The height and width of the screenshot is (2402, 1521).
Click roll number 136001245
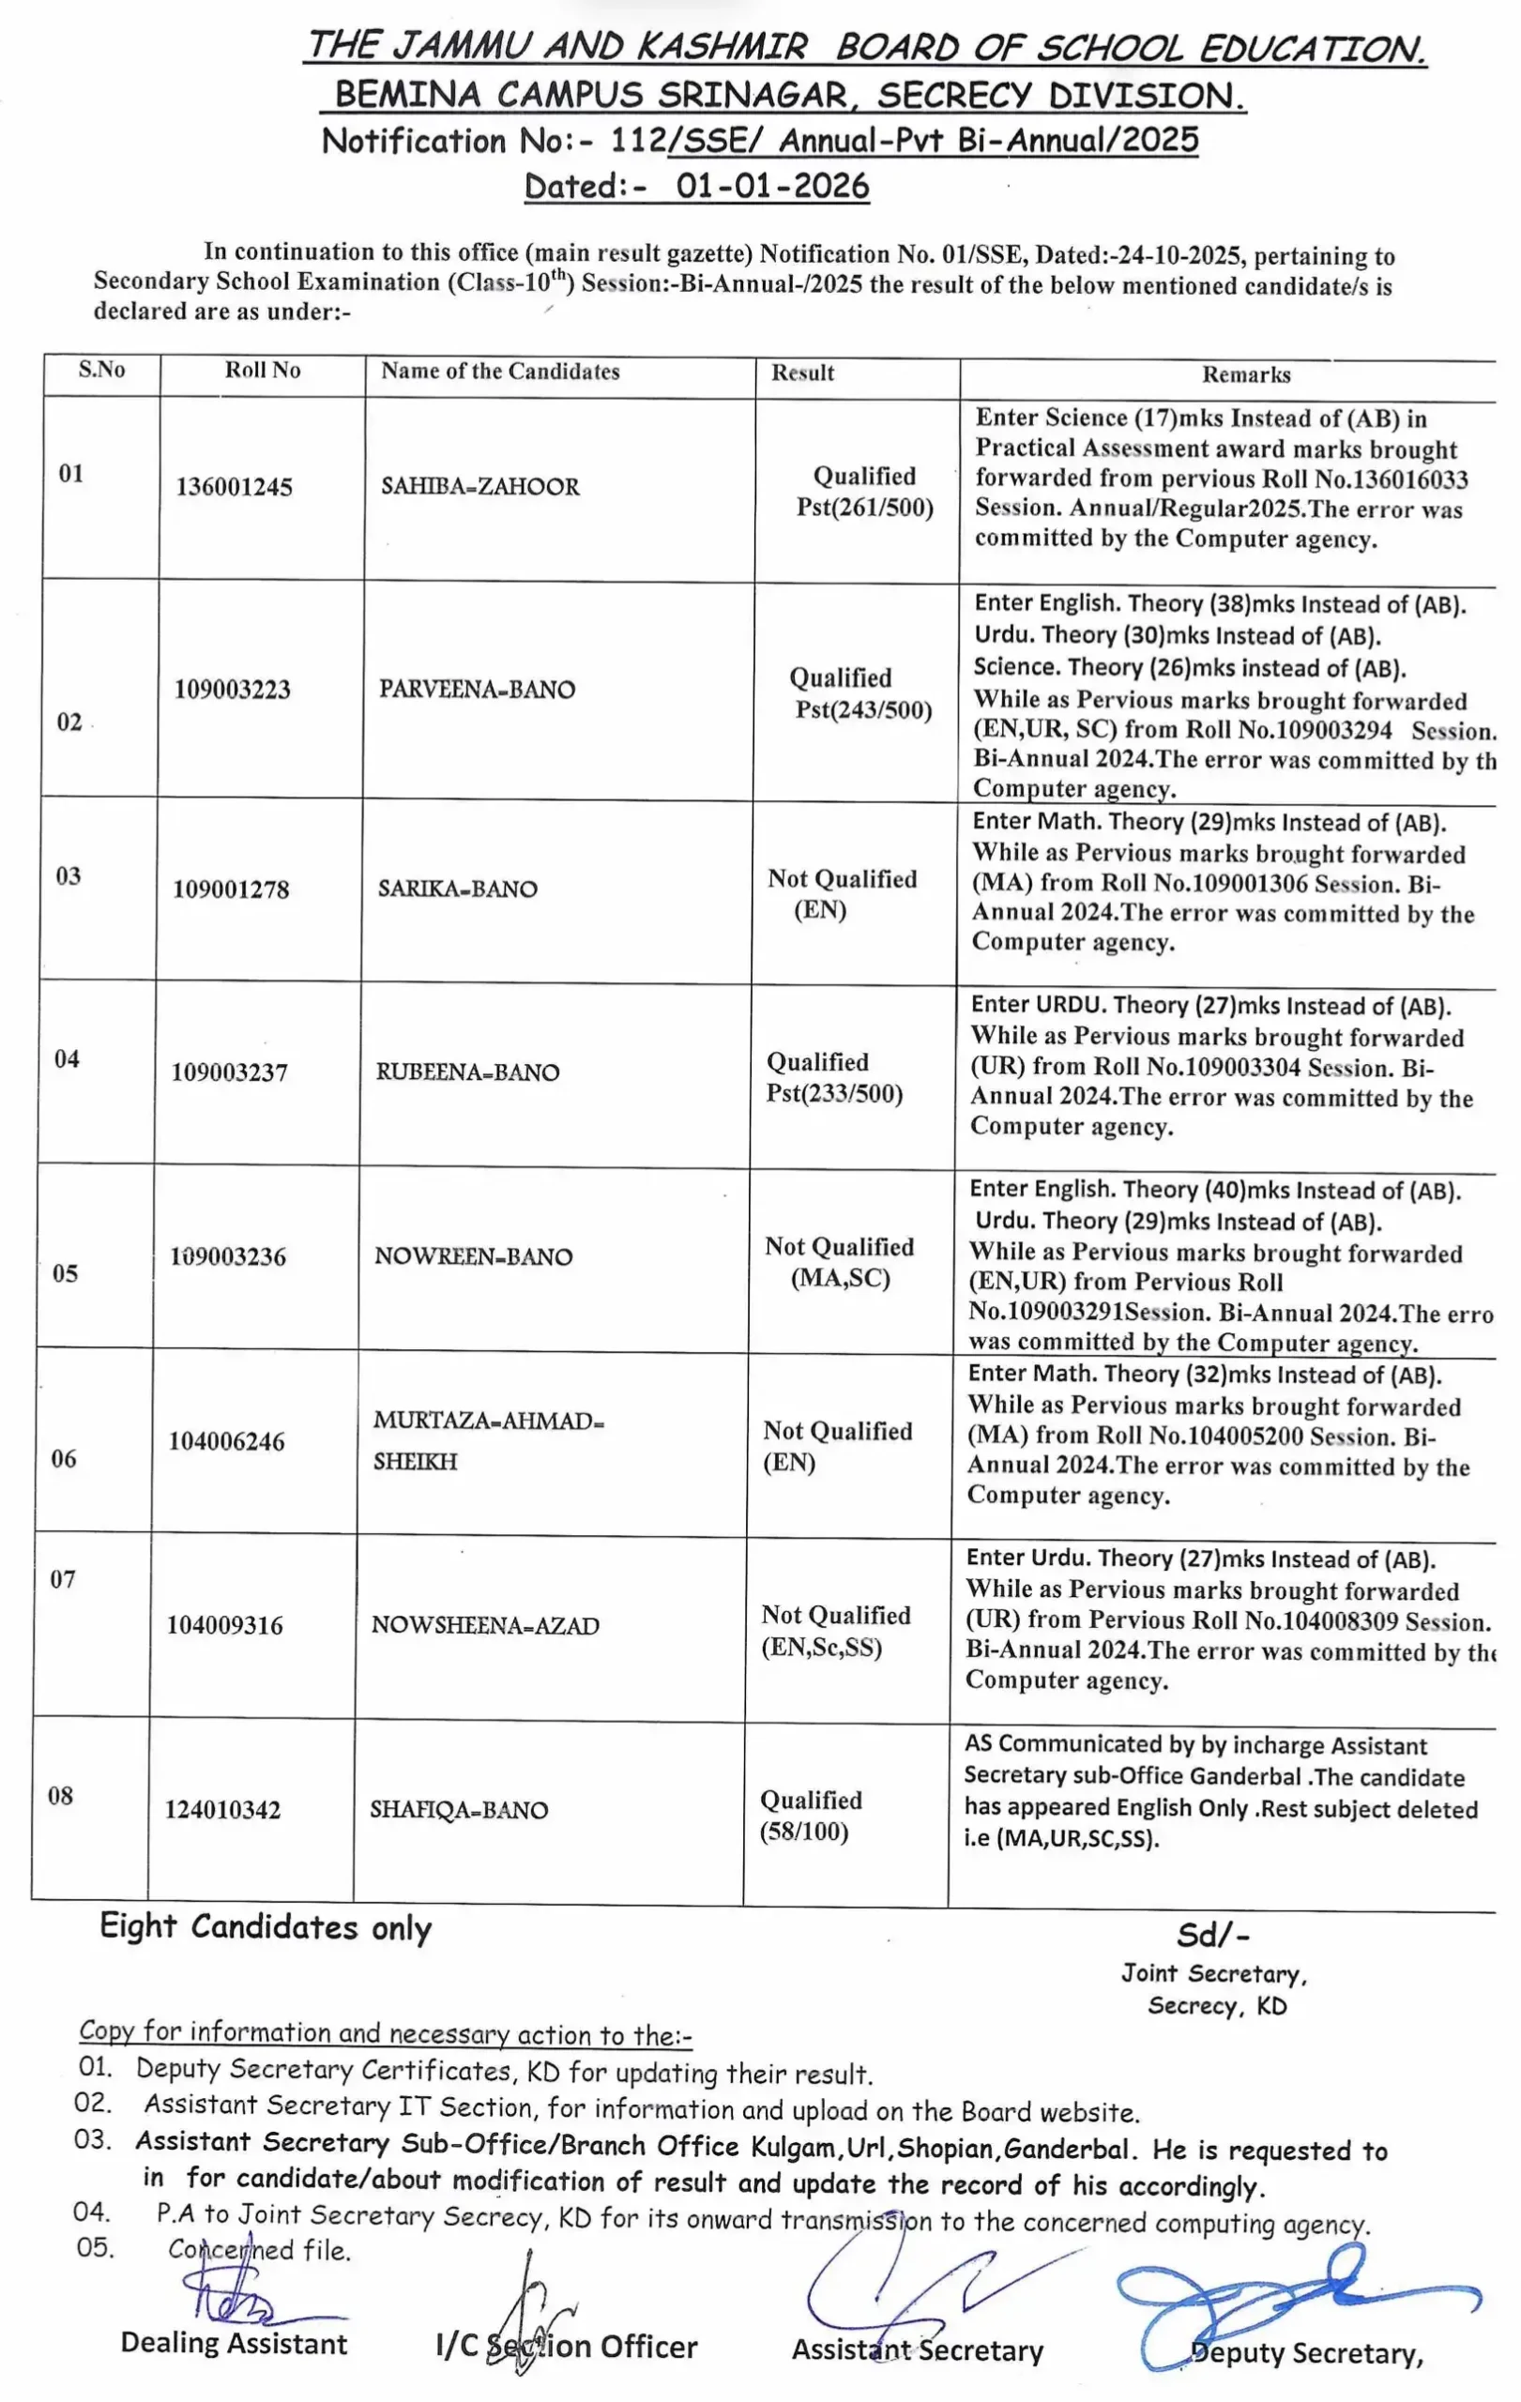coord(234,487)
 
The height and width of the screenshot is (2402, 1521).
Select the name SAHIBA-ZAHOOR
coord(479,487)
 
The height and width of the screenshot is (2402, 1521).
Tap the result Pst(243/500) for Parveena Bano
coord(862,709)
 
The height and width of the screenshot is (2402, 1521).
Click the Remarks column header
coord(1246,375)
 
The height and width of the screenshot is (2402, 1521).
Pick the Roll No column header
coord(263,370)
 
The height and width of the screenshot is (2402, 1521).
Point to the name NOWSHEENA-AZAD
coord(485,1625)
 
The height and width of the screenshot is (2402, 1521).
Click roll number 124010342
coord(222,1810)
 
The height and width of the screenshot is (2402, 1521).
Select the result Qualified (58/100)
coord(810,1816)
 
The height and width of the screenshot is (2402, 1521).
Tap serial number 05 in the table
coord(65,1273)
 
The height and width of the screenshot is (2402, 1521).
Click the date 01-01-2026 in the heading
coord(772,187)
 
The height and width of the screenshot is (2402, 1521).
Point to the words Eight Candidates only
coord(266,1927)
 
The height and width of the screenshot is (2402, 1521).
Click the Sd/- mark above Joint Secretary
coord(1211,1935)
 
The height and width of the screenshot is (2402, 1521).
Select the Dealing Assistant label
coord(234,2343)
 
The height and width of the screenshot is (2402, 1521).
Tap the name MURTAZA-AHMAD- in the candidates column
coord(489,1421)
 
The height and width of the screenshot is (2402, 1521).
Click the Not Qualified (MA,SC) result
coord(839,1262)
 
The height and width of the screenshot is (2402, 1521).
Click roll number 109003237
coord(229,1072)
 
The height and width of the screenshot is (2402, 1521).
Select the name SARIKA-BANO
coord(457,889)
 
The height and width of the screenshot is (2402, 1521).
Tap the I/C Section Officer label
coord(567,2346)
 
